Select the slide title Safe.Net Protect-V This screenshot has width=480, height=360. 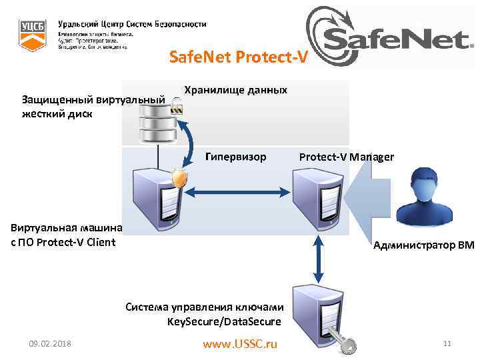[239, 58]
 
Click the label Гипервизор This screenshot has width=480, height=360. [236, 157]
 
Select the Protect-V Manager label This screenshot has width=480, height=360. [346, 157]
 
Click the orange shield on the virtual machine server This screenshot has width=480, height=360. [178, 178]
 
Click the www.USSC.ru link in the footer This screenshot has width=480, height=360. [239, 344]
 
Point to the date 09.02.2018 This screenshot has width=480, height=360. [51, 344]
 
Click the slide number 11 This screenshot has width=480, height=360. [447, 344]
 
